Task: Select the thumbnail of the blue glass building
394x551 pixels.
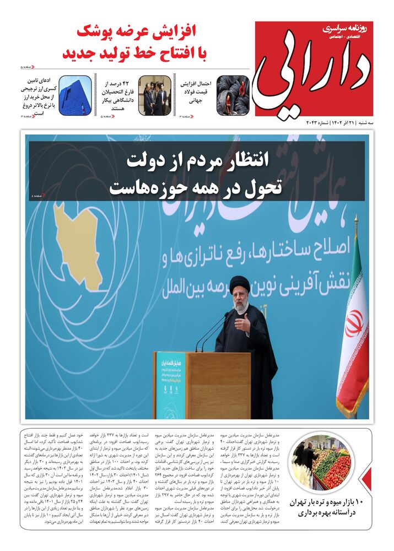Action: pyautogui.click(x=75, y=95)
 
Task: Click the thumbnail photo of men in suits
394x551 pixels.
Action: pyautogui.click(x=154, y=95)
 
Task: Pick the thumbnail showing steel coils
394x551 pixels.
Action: pyautogui.click(x=233, y=95)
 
